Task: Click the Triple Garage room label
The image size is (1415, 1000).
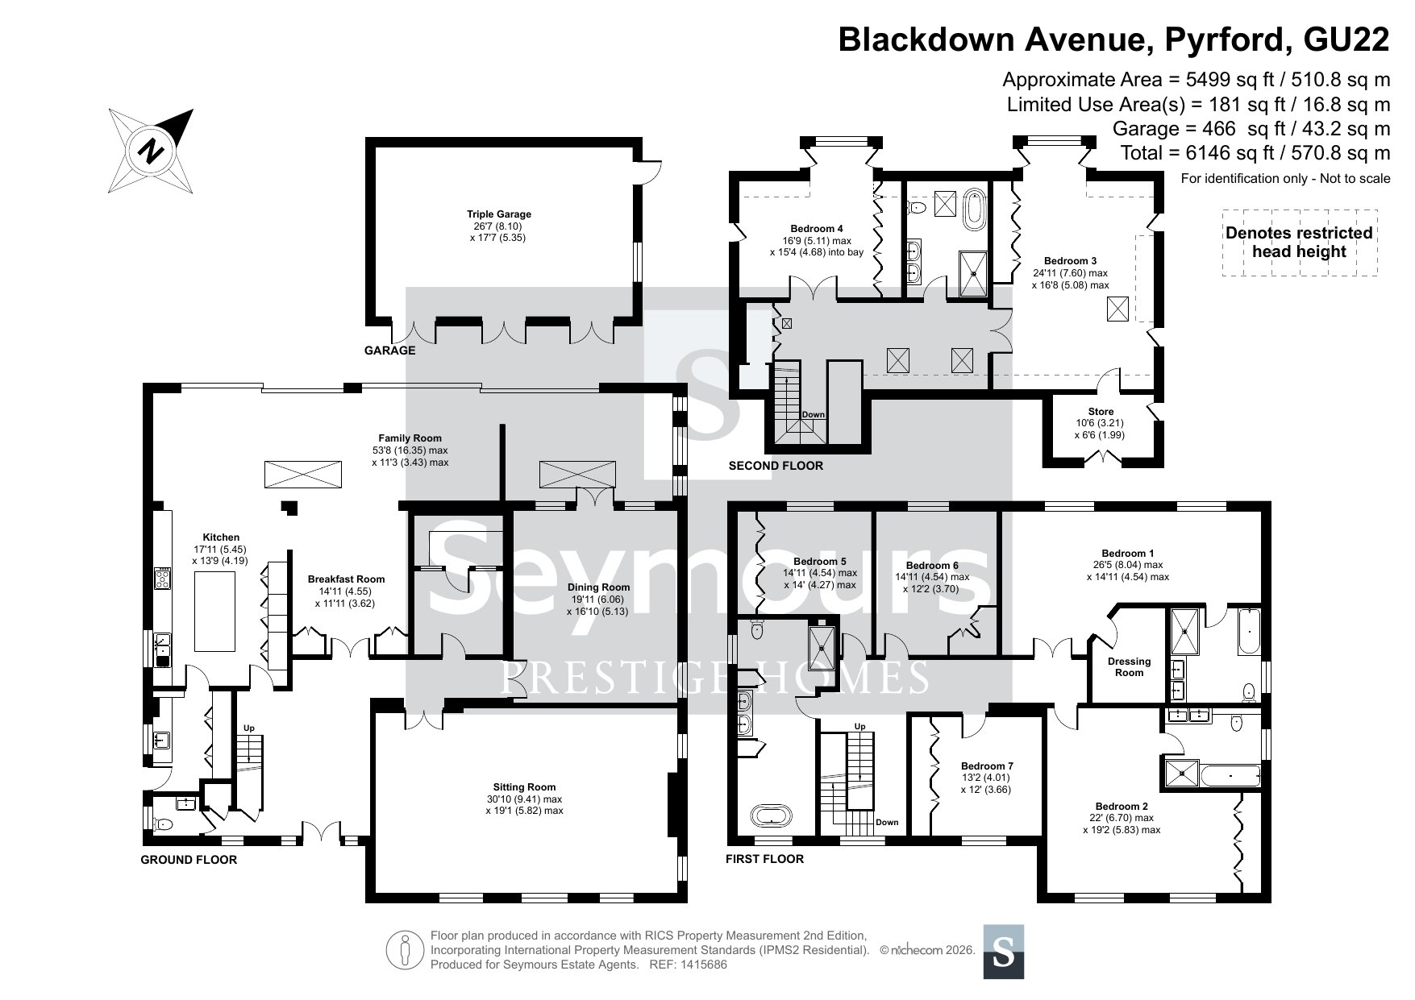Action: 499,226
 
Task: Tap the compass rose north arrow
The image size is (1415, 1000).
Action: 151,151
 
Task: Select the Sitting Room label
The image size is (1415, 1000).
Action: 525,799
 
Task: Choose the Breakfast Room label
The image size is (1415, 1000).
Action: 346,591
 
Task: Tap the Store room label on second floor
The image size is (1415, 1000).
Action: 1101,423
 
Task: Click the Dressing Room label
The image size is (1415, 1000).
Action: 1129,667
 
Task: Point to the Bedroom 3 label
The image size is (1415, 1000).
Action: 1070,272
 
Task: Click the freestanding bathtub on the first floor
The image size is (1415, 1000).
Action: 772,815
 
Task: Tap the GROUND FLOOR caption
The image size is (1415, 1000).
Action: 189,860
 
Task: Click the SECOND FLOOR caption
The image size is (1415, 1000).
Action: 776,466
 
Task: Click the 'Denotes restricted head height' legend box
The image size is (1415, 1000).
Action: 1299,243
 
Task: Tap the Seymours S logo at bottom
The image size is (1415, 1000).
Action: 1004,952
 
